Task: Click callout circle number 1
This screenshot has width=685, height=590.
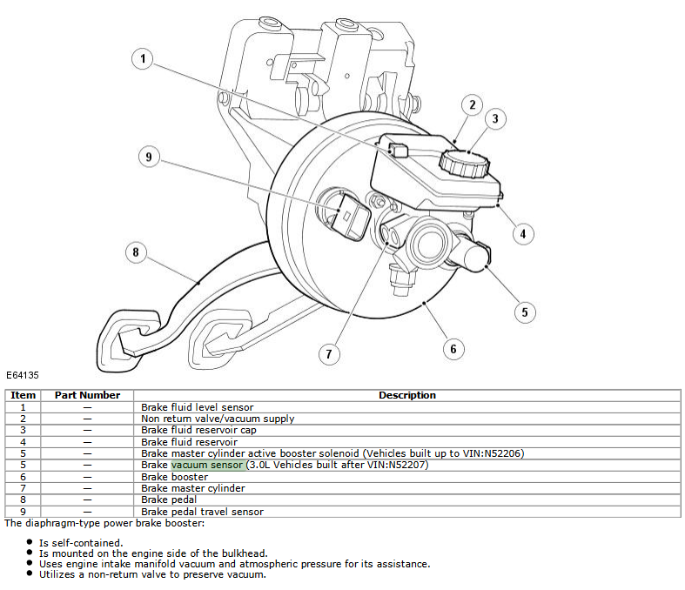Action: pos(143,60)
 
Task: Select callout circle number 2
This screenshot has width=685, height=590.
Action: pos(472,106)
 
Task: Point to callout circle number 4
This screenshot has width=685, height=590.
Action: pos(522,233)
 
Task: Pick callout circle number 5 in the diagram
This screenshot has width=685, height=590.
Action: pos(524,312)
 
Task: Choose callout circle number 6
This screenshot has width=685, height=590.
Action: pos(453,349)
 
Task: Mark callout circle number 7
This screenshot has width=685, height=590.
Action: pos(329,353)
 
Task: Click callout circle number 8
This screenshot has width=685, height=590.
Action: pos(135,253)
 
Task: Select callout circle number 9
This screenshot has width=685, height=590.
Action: pos(149,157)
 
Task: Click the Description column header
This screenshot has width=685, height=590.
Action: pos(406,395)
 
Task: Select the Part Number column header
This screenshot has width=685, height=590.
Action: pos(87,395)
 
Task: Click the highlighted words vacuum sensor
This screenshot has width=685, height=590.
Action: pos(207,465)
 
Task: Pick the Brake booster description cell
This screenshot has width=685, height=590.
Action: pos(175,477)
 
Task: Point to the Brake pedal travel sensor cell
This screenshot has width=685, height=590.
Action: pos(203,512)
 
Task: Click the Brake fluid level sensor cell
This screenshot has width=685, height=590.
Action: pos(198,406)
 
